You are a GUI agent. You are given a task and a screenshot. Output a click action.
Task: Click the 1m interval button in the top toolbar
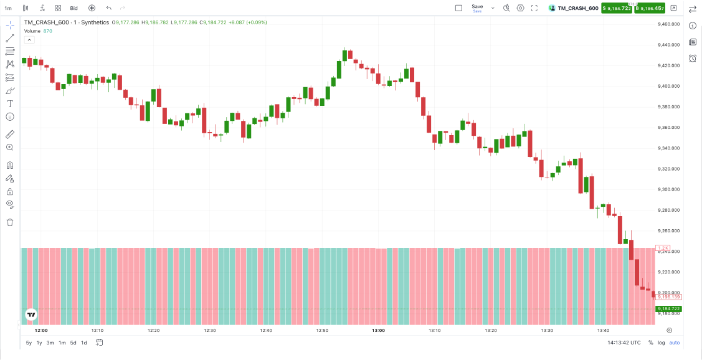tap(8, 8)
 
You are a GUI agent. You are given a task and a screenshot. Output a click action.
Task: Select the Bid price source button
tap(74, 8)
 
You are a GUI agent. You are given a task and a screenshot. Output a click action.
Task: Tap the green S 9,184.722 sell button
tap(616, 8)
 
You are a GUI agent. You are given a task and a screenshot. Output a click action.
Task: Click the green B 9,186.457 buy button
tap(650, 8)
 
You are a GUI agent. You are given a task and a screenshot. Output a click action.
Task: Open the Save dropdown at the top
tap(493, 8)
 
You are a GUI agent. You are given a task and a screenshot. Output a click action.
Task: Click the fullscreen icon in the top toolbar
tap(534, 8)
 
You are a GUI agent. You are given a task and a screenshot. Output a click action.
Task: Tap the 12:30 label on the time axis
tap(210, 331)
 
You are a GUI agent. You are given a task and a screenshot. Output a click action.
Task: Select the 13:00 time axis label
tap(378, 331)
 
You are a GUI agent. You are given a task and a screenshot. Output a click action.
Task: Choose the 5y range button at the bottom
tap(29, 343)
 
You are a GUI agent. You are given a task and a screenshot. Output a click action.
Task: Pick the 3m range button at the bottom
tap(50, 343)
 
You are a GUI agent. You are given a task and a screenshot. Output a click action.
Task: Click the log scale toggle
tap(662, 343)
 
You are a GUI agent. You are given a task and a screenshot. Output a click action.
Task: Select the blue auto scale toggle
tap(675, 343)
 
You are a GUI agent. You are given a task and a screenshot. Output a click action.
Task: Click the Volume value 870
tap(48, 31)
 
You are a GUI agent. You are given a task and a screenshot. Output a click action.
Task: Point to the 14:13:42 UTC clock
tap(624, 343)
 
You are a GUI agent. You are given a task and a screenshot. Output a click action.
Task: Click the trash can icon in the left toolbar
tap(10, 222)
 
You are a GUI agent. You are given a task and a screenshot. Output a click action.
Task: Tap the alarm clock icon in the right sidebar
tap(693, 59)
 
